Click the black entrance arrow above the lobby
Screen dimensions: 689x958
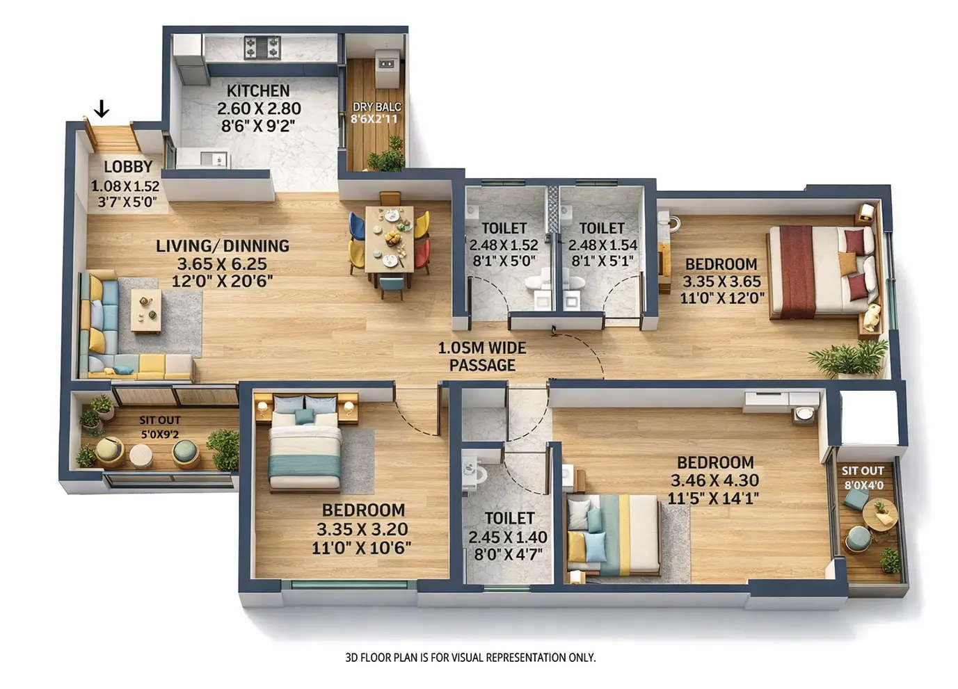point(102,108)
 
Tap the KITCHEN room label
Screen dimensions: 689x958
point(258,91)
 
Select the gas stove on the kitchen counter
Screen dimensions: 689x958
point(262,47)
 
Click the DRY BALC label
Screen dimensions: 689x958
point(376,107)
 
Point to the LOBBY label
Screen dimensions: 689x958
point(128,167)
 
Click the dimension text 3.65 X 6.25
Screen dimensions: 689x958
point(222,264)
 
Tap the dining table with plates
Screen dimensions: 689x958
point(390,241)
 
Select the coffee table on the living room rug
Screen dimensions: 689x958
point(146,310)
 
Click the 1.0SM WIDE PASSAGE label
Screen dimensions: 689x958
point(482,357)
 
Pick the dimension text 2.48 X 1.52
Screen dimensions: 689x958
point(503,245)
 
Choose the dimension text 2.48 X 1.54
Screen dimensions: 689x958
point(602,245)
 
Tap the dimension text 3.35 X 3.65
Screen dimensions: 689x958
point(721,282)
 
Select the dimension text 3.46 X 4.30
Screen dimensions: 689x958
point(714,480)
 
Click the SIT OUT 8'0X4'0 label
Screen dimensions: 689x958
point(863,477)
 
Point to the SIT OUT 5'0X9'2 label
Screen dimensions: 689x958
point(159,428)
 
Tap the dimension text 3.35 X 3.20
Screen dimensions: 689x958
point(362,529)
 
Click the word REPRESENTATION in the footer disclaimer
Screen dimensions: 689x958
point(518,657)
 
